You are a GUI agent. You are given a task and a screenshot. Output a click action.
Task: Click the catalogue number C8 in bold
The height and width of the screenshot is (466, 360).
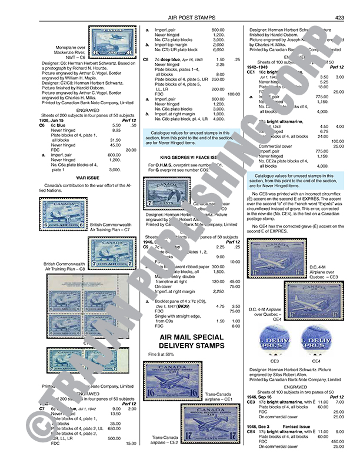tap(146, 60)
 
